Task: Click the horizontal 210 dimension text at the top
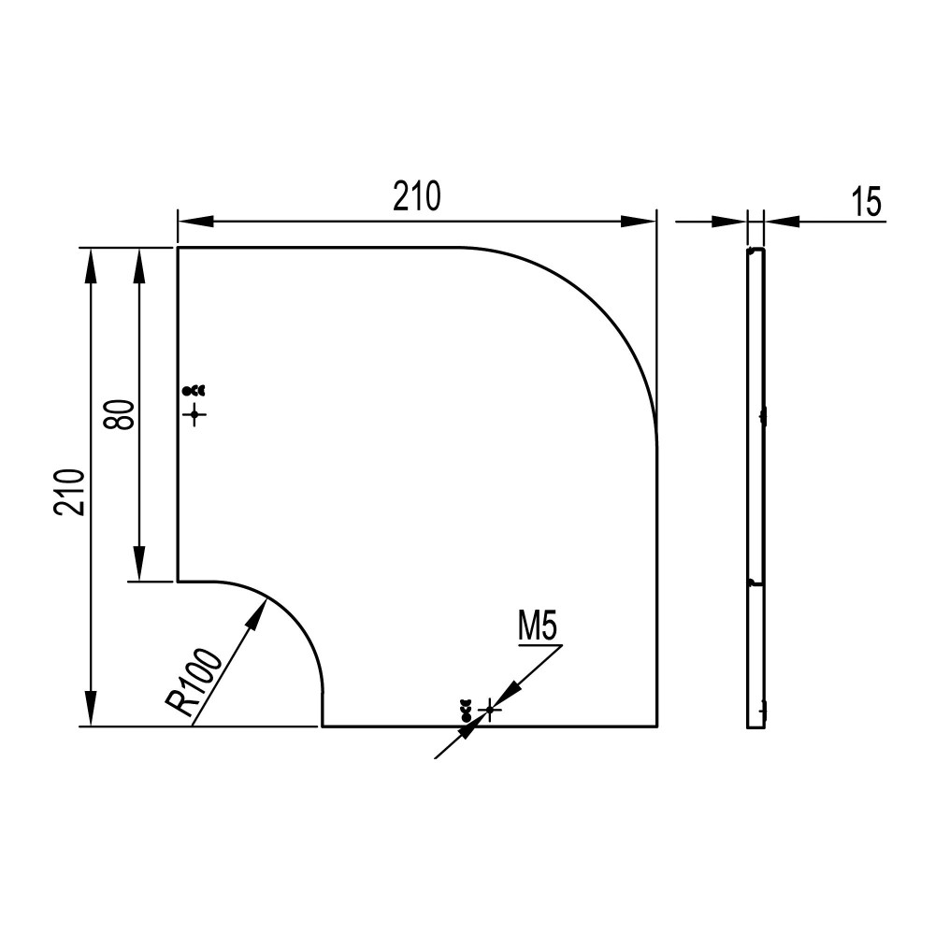click(x=417, y=196)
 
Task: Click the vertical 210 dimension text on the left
click(x=70, y=493)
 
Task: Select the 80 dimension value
click(x=119, y=414)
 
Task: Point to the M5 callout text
click(x=538, y=627)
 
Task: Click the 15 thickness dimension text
click(x=867, y=202)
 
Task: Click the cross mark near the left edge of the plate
click(x=194, y=414)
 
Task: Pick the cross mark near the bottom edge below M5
click(x=490, y=710)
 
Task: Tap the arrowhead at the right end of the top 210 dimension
click(x=639, y=222)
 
